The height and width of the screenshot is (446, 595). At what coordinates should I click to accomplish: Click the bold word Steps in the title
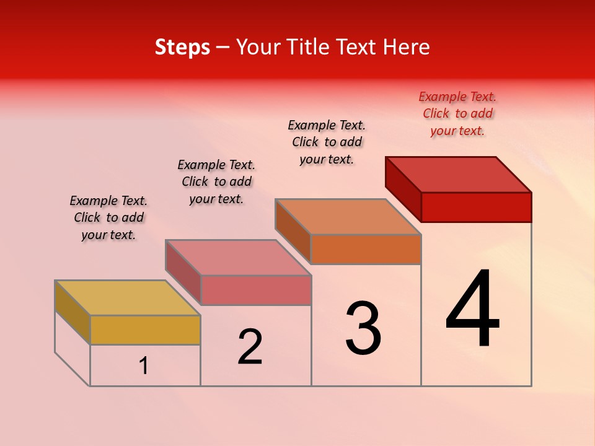click(182, 47)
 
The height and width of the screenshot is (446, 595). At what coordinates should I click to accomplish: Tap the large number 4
click(472, 309)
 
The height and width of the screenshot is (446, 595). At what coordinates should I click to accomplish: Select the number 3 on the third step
click(363, 328)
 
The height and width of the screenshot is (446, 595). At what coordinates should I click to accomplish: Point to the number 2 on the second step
click(250, 347)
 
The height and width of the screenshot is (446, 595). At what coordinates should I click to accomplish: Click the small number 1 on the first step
click(144, 365)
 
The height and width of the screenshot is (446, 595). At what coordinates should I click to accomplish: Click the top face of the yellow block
click(127, 297)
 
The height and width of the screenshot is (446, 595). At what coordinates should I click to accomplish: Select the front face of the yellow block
click(145, 330)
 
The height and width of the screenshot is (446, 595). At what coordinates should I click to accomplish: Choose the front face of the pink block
click(256, 290)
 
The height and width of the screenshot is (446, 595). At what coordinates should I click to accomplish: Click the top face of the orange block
click(348, 217)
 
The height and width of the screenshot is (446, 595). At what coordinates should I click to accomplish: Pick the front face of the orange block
click(366, 249)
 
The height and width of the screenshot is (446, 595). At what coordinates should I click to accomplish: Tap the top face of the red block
click(458, 174)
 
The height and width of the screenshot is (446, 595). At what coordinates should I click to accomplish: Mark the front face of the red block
click(476, 207)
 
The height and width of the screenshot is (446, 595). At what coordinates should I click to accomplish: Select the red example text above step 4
click(457, 113)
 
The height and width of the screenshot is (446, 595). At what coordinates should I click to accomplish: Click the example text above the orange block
click(327, 142)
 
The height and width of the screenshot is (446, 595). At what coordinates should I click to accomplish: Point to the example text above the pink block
click(216, 181)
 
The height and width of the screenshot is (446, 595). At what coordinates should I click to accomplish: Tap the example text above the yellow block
click(108, 217)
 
